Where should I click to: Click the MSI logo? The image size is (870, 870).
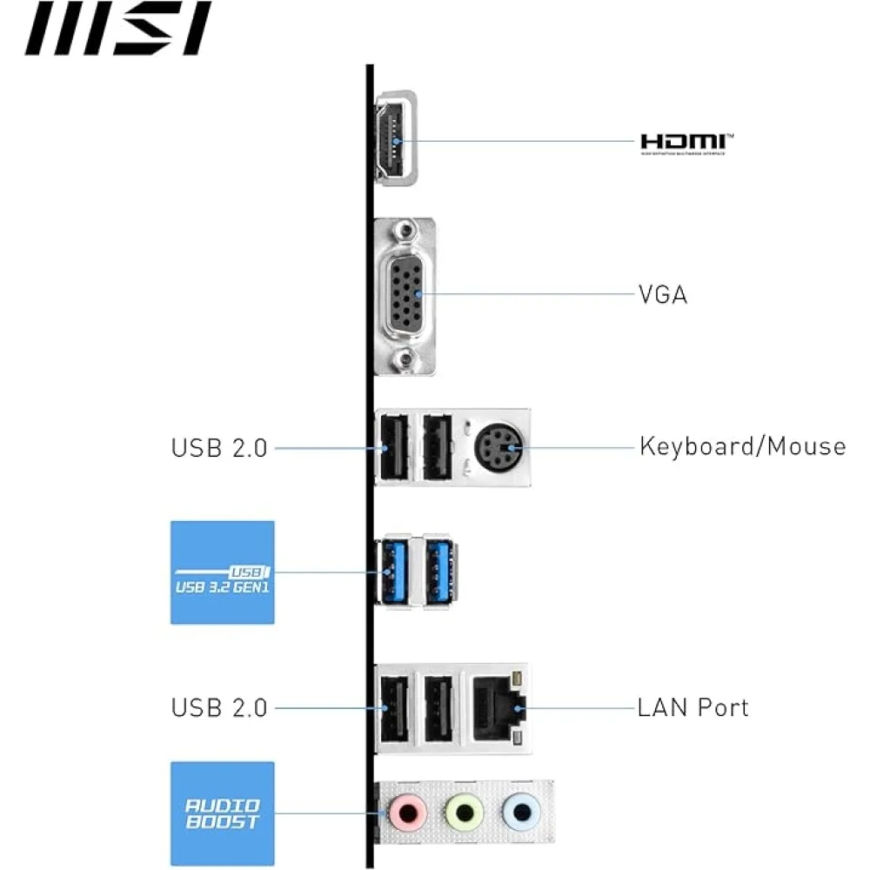pyautogui.click(x=118, y=29)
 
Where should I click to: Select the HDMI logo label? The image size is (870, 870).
pyautogui.click(x=683, y=144)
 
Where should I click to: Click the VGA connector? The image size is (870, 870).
pyautogui.click(x=405, y=295)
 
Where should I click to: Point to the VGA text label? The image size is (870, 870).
pyautogui.click(x=663, y=295)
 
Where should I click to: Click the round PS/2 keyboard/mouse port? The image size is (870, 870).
pyautogui.click(x=498, y=447)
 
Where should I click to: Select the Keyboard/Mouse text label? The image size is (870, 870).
pyautogui.click(x=742, y=446)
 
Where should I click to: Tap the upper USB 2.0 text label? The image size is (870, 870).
pyautogui.click(x=219, y=448)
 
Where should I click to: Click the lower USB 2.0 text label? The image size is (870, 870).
pyautogui.click(x=219, y=707)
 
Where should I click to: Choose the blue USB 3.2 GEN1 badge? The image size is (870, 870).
pyautogui.click(x=223, y=572)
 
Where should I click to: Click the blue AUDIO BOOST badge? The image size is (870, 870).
pyautogui.click(x=223, y=813)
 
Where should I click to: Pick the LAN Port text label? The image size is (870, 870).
pyautogui.click(x=693, y=706)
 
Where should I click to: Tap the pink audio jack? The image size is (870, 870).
pyautogui.click(x=405, y=813)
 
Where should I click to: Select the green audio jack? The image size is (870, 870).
pyautogui.click(x=465, y=813)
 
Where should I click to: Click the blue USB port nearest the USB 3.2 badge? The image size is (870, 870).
pyautogui.click(x=392, y=572)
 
